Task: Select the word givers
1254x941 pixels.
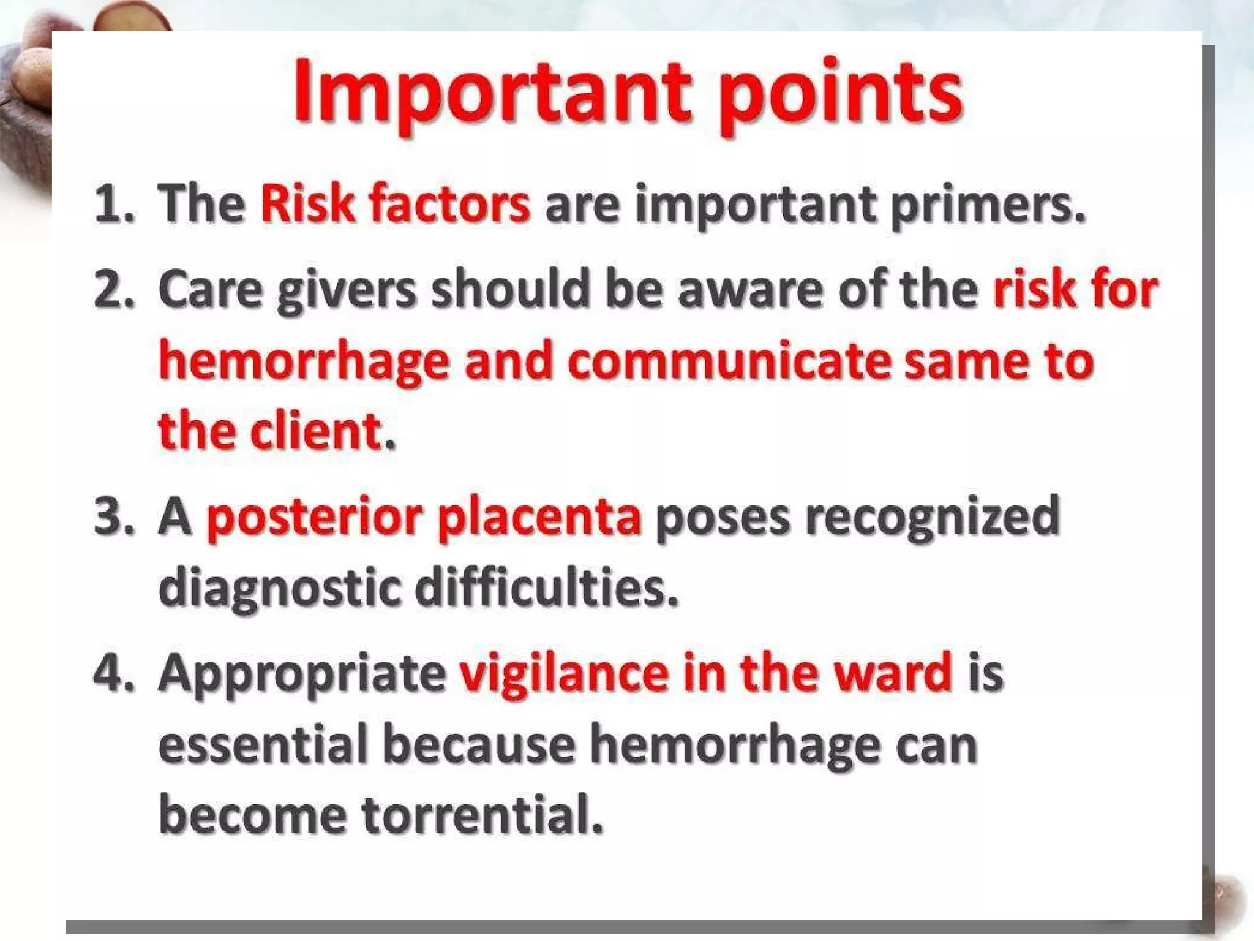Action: (x=347, y=290)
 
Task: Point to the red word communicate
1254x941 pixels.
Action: (x=729, y=361)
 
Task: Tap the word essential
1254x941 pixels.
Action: (x=263, y=744)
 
